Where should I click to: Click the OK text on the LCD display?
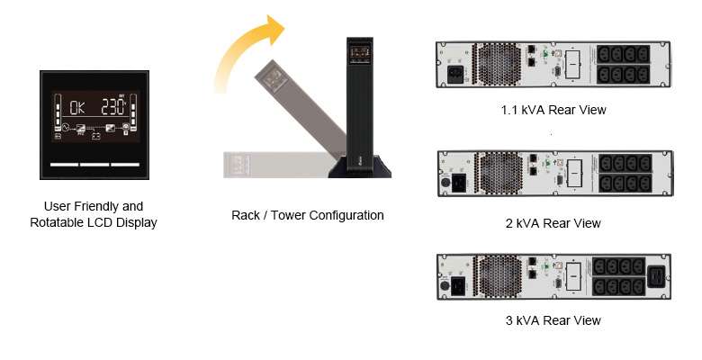pyautogui.click(x=76, y=107)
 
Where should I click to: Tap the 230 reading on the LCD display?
pyautogui.click(x=112, y=106)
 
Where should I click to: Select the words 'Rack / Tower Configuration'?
pyautogui.click(x=307, y=215)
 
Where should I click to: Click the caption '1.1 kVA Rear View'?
pyautogui.click(x=553, y=110)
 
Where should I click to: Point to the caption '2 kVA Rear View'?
pyautogui.click(x=553, y=222)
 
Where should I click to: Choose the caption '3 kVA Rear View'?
pyautogui.click(x=553, y=320)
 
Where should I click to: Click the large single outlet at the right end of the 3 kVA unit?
pyautogui.click(x=658, y=277)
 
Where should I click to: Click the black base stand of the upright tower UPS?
pyautogui.click(x=359, y=168)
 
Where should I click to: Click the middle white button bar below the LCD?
pyautogui.click(x=94, y=166)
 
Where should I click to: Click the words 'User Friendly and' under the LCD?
pyautogui.click(x=94, y=206)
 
